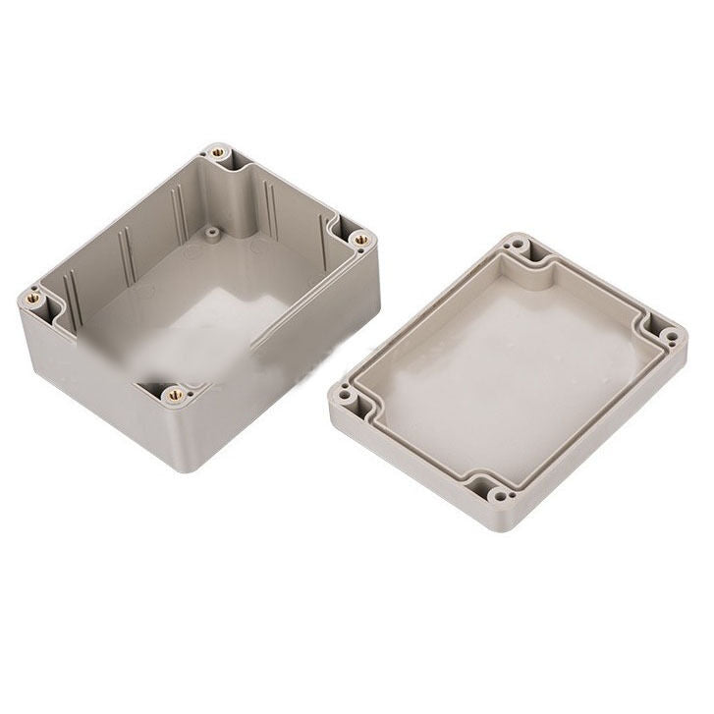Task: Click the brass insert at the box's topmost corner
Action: click(216, 153)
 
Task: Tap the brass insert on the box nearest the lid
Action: click(360, 239)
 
